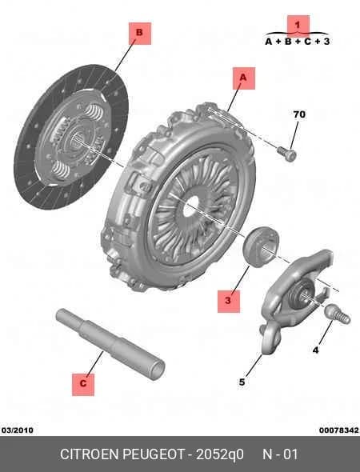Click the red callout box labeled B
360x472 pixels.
tap(140, 33)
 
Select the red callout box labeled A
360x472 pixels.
tap(243, 78)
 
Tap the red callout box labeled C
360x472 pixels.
tap(83, 385)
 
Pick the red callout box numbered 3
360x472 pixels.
tap(229, 302)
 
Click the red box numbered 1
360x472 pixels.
tap(298, 26)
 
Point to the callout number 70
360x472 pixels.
tap(299, 114)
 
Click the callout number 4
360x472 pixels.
tap(315, 350)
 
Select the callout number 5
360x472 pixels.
tap(242, 382)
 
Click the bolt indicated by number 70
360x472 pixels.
tap(286, 154)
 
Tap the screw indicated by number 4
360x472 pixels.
tap(338, 314)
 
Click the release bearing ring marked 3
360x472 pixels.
tap(261, 246)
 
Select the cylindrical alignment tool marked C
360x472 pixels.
tap(110, 344)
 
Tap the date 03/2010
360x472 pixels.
tap(18, 430)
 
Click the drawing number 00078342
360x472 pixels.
tap(339, 430)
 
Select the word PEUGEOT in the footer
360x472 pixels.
tap(154, 454)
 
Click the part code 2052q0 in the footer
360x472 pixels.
tap(220, 454)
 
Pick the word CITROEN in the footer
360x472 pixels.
tap(90, 454)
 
